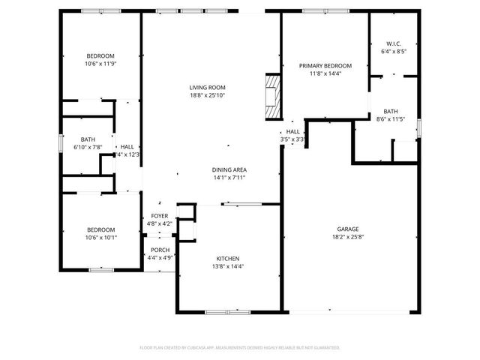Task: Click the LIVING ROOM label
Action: click(207, 88)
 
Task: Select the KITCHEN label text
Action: click(229, 258)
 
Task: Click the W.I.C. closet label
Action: click(393, 43)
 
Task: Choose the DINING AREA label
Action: click(229, 170)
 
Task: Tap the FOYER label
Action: click(160, 215)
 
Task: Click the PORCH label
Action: click(160, 250)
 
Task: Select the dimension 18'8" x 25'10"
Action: click(207, 95)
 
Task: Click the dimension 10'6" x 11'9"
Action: click(100, 64)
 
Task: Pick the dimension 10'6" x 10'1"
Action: click(100, 237)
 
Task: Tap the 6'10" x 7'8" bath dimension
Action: click(88, 147)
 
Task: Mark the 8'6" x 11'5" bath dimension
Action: click(390, 118)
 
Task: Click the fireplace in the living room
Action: click(271, 95)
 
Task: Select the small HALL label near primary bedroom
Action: click(292, 132)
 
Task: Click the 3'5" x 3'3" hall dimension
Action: click(292, 139)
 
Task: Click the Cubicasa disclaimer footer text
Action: click(240, 347)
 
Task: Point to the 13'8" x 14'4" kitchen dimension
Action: click(229, 265)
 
